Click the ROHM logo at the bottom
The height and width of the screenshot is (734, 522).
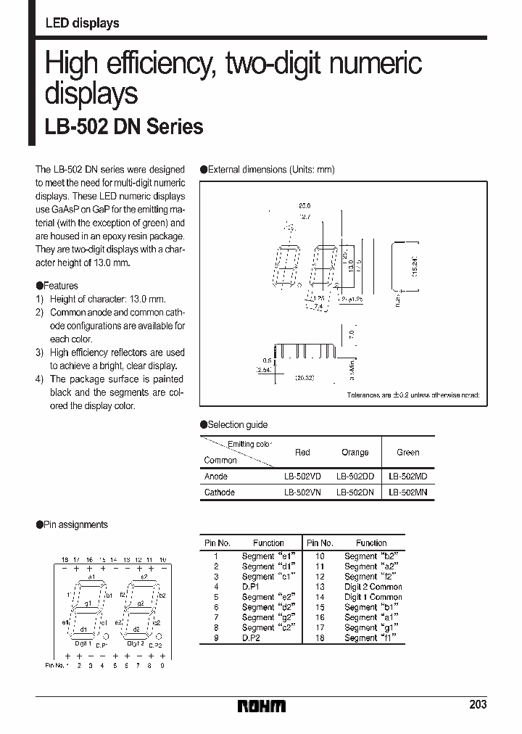pyautogui.click(x=262, y=706)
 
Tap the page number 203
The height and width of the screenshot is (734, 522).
pyautogui.click(x=478, y=704)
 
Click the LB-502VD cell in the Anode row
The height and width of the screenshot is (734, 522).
pyautogui.click(x=302, y=477)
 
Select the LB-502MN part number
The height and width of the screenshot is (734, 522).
pyautogui.click(x=407, y=492)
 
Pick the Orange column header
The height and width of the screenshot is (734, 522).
pyautogui.click(x=355, y=453)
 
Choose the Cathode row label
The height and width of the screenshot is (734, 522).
pyautogui.click(x=220, y=492)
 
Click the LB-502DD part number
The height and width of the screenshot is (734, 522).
pyautogui.click(x=355, y=477)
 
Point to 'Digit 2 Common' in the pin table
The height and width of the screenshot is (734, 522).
pyautogui.click(x=373, y=587)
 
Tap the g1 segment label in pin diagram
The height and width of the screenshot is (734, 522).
pyautogui.click(x=86, y=603)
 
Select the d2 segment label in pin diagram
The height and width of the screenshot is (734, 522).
pyautogui.click(x=136, y=630)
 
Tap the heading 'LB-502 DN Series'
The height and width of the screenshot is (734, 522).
pyautogui.click(x=124, y=127)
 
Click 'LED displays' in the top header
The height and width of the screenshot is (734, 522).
pyautogui.click(x=82, y=23)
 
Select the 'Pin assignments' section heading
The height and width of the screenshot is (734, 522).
pyautogui.click(x=75, y=524)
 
